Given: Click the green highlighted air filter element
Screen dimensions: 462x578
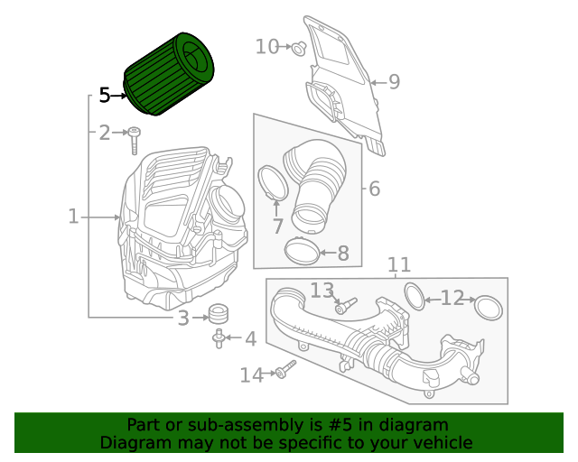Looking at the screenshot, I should (x=172, y=74).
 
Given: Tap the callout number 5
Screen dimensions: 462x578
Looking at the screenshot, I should (x=105, y=95).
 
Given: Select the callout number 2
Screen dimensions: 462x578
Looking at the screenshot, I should (x=105, y=134).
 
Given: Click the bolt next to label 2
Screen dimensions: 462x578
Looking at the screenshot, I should (x=135, y=140).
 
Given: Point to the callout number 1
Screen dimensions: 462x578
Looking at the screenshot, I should (x=74, y=217).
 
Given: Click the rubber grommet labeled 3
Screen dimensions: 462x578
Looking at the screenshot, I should (x=217, y=315).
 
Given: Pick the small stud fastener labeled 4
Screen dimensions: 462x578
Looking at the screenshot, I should (x=219, y=338).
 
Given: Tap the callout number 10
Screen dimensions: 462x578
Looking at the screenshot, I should (x=267, y=46).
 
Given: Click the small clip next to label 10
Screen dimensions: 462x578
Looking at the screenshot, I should (x=297, y=47).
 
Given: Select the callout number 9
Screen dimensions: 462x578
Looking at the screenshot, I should (x=394, y=82).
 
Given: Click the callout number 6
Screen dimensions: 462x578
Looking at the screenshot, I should (x=374, y=189).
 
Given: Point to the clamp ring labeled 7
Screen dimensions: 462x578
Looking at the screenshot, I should (x=274, y=183).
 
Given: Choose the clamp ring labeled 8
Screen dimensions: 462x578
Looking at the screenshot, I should (x=302, y=249).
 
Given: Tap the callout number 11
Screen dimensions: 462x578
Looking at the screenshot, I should (x=399, y=265).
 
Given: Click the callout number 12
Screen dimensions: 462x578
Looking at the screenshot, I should (x=452, y=298).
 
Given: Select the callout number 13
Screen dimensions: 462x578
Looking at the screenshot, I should (x=322, y=290).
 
